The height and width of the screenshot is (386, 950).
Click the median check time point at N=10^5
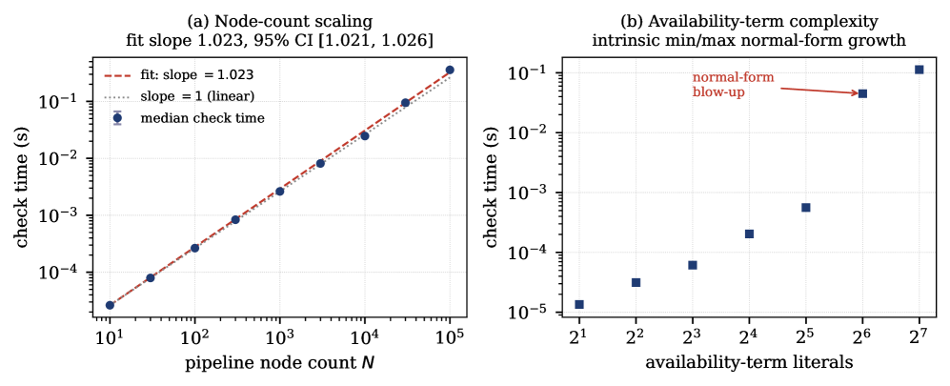pos(450,70)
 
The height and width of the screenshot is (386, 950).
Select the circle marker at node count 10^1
pos(110,305)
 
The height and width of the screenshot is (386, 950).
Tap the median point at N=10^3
pos(279,191)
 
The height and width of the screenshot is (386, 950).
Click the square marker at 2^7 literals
pos(920,70)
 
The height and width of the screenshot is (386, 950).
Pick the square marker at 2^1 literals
pos(579,304)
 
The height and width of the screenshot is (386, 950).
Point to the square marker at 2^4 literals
pos(749,234)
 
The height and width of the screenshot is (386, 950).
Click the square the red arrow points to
pos(862,93)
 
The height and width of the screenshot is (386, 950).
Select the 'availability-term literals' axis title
pos(750,363)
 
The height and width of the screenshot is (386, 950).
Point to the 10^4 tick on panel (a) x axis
pos(365,334)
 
